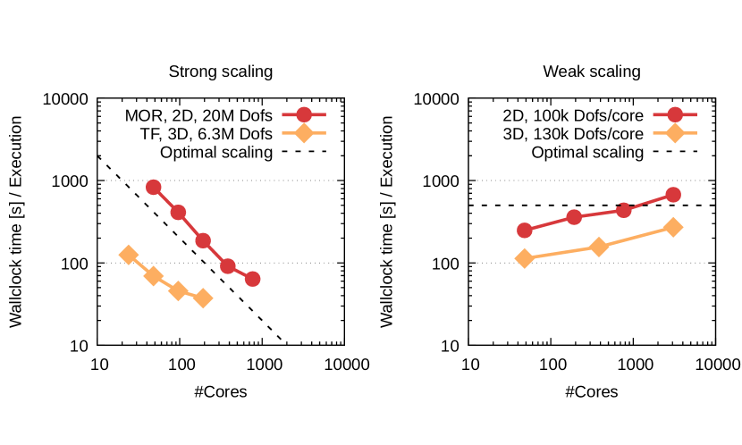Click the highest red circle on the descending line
154,188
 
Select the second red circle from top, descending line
178,213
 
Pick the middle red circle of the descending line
203,240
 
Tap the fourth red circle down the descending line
228,266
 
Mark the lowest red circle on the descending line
252,279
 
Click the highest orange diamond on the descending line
129,255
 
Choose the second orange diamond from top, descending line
154,275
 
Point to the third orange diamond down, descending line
178,290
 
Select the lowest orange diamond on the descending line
203,298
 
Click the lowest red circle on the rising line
525,231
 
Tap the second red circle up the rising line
574,217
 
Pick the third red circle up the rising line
624,210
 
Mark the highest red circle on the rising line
673,195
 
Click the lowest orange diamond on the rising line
524,258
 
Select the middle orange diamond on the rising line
599,246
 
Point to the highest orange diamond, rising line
673,227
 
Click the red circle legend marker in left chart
304,114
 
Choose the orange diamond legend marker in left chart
304,133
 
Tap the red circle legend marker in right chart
675,114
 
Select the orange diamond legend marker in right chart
675,133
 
